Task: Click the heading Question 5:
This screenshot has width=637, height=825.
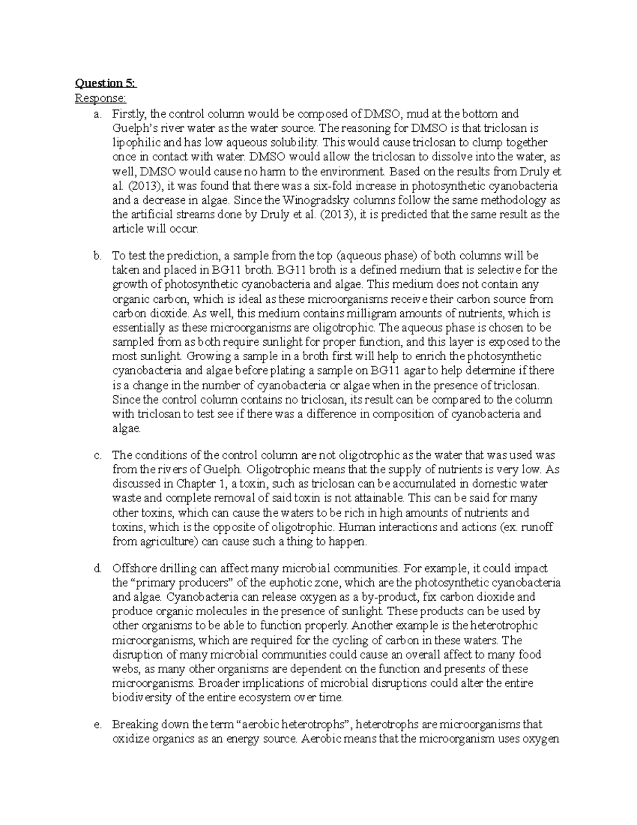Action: [106, 83]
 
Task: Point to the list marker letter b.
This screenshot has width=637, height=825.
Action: [97, 256]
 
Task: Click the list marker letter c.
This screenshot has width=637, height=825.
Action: [97, 455]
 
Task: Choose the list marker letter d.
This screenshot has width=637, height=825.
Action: [97, 568]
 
